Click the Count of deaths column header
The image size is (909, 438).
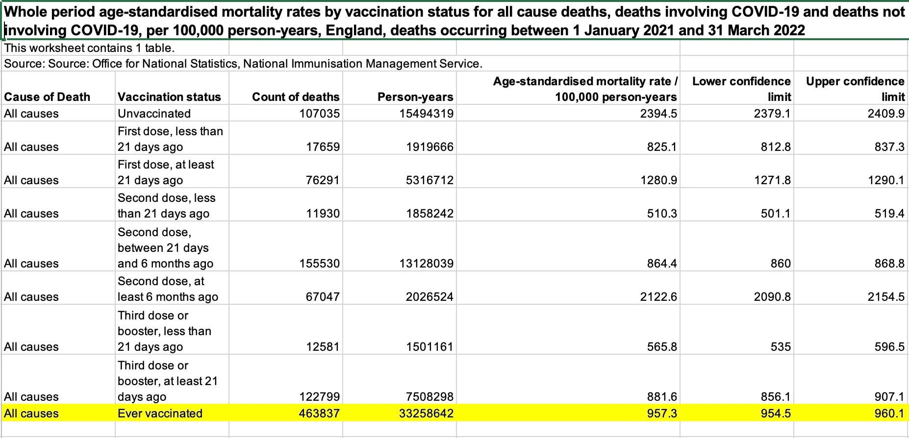point(296,97)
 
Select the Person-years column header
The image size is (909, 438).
point(415,97)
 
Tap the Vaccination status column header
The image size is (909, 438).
point(169,97)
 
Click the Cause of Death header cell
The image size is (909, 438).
point(47,97)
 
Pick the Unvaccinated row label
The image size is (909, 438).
point(154,113)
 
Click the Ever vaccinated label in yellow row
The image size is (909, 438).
point(160,413)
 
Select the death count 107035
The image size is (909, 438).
point(319,113)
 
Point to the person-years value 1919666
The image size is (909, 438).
point(429,146)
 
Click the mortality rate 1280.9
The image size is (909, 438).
point(658,180)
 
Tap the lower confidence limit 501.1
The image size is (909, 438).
point(776,213)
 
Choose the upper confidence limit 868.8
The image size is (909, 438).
point(889,263)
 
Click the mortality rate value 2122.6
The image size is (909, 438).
point(658,296)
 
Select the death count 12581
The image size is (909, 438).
point(323,346)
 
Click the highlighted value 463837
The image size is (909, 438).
point(319,413)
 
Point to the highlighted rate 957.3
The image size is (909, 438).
point(662,413)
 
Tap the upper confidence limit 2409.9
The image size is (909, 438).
point(886,113)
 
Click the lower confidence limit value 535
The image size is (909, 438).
point(781,346)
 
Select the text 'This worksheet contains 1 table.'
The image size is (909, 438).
point(89,48)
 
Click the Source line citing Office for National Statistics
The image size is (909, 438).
point(243,64)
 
